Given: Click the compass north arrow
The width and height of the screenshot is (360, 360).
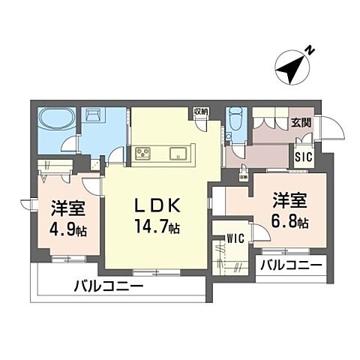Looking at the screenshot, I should point(295,65).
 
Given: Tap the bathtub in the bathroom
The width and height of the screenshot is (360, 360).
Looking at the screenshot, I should point(55,120).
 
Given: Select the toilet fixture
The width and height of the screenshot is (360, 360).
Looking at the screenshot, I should point(235,121).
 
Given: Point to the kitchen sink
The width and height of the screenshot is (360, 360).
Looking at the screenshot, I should point(180,154).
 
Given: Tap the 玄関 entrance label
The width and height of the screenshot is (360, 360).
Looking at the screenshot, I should point(302,123).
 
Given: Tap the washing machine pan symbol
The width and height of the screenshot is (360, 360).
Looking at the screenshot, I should point(95,117).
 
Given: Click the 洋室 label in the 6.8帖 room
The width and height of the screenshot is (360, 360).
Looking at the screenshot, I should point(288,201).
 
